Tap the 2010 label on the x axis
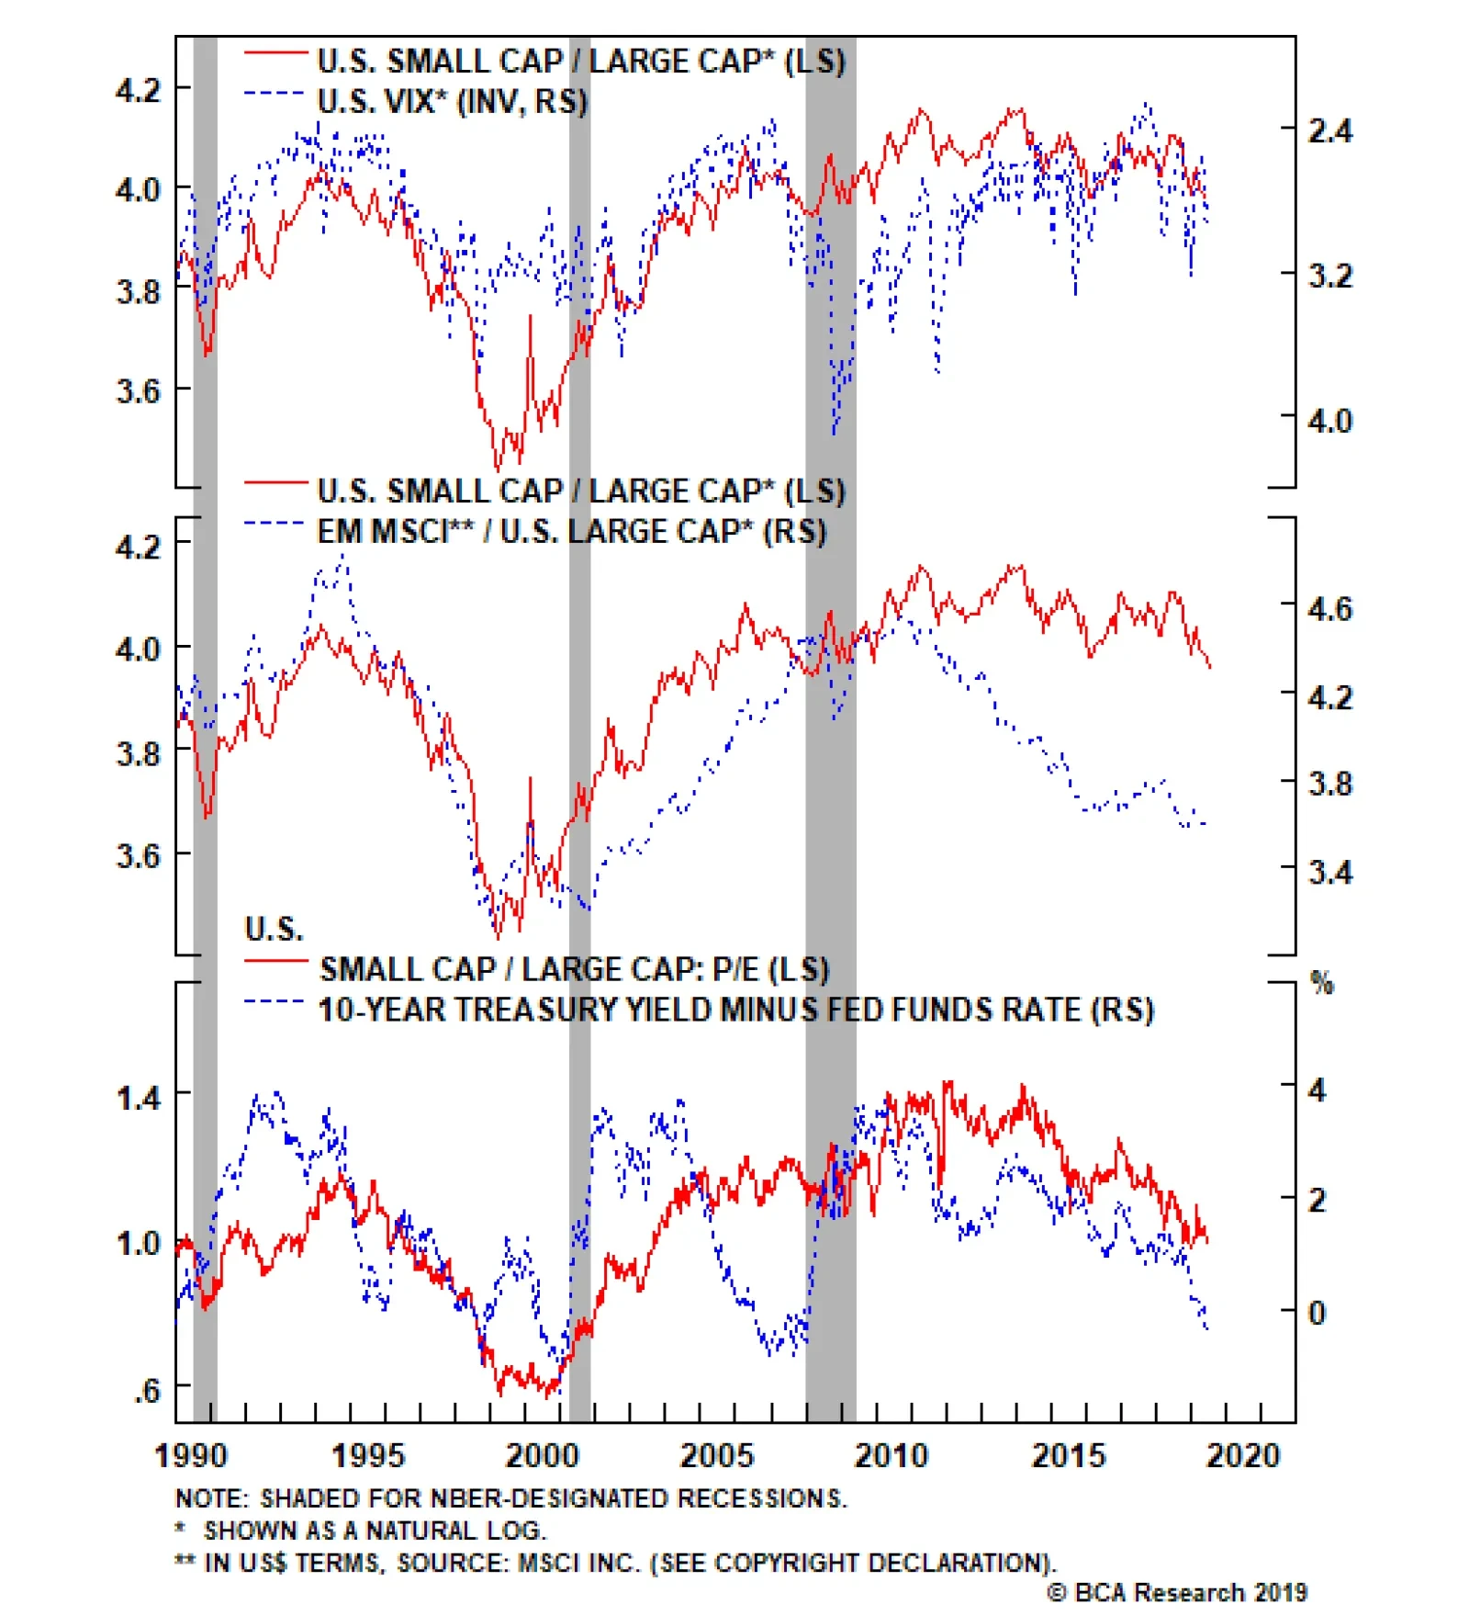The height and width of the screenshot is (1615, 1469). pyautogui.click(x=891, y=1456)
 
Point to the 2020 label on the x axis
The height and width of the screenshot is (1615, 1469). pyautogui.click(x=1242, y=1456)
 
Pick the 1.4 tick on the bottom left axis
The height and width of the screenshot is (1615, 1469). pyautogui.click(x=139, y=1097)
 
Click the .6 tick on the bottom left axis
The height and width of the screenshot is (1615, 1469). pyautogui.click(x=147, y=1390)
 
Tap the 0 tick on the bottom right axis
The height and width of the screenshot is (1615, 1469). pyautogui.click(x=1317, y=1312)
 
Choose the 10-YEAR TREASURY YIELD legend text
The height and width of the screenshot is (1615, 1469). pyautogui.click(x=735, y=1010)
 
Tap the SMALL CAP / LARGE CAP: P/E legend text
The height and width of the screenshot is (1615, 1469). pyautogui.click(x=574, y=969)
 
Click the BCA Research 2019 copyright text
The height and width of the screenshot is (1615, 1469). pyautogui.click(x=1177, y=1592)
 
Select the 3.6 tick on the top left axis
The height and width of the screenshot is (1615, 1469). pyautogui.click(x=139, y=390)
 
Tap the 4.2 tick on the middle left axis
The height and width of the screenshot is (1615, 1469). pyautogui.click(x=139, y=547)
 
